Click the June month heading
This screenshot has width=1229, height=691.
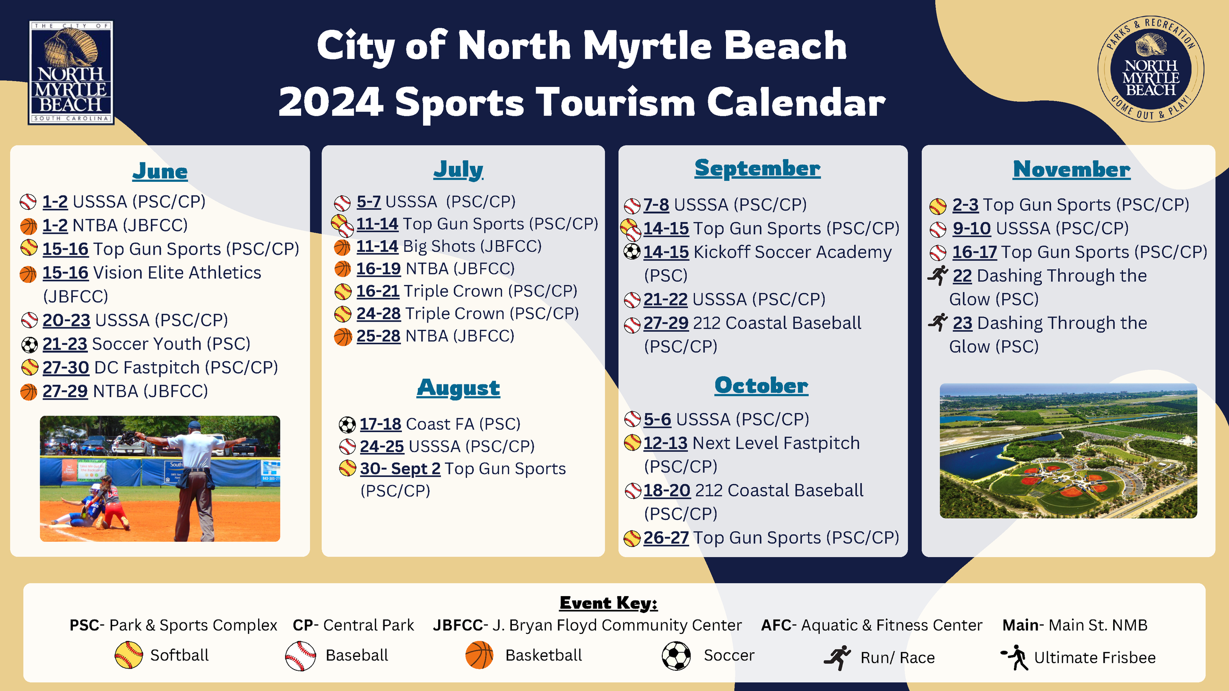click(160, 171)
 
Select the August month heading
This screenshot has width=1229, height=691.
click(459, 388)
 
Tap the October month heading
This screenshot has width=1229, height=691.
click(761, 385)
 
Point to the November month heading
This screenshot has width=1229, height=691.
click(1072, 169)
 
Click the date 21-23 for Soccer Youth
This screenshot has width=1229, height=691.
click(65, 344)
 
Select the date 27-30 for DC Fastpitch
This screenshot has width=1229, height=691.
click(66, 367)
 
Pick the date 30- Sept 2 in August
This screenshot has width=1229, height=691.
click(400, 469)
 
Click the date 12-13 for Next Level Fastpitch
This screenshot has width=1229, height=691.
click(666, 443)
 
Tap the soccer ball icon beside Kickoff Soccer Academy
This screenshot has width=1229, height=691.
click(632, 251)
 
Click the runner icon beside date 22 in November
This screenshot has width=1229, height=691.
click(938, 275)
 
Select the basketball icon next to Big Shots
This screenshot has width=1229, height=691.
click(342, 247)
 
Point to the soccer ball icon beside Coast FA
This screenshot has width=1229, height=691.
click(347, 425)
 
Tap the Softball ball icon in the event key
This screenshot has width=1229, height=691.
click(129, 655)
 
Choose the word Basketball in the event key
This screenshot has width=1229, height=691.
click(544, 655)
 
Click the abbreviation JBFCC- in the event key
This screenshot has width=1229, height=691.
click(460, 625)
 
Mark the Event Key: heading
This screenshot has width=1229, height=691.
click(608, 603)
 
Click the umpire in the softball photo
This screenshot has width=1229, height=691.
click(195, 479)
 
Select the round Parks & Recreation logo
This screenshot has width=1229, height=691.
click(1151, 69)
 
